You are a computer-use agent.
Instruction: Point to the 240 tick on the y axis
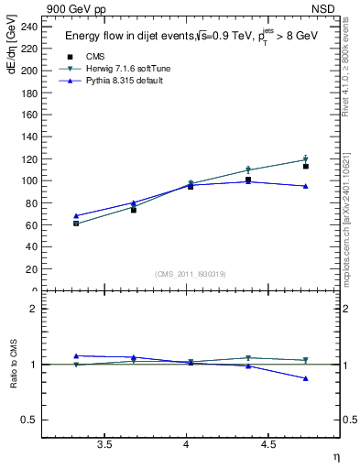[31, 27]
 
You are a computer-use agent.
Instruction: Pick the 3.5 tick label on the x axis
[105, 444]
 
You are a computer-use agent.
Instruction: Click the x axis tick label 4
[187, 444]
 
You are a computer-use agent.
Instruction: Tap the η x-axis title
[334, 456]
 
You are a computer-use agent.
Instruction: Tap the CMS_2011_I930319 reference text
[191, 273]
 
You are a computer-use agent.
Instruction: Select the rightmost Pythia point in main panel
[306, 186]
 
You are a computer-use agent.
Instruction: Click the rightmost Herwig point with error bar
[306, 159]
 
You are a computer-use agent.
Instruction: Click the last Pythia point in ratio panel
[306, 378]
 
